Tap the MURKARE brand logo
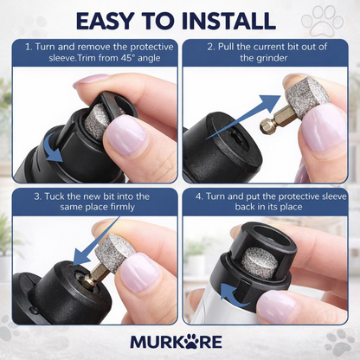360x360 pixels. pyautogui.click(x=179, y=341)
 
